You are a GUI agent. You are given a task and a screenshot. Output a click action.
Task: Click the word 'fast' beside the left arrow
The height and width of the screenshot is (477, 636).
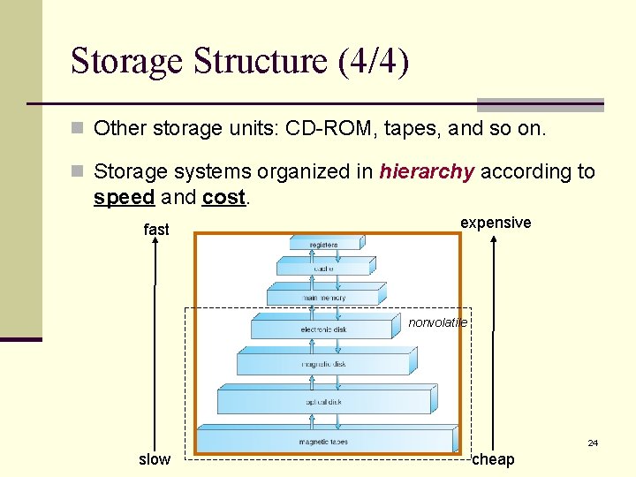156,230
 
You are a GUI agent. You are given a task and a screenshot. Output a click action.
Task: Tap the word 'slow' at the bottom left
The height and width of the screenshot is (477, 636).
155,459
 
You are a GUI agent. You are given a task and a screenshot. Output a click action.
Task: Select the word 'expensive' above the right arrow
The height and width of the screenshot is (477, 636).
496,223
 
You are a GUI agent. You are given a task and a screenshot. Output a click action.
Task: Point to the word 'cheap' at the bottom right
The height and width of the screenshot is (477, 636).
493,459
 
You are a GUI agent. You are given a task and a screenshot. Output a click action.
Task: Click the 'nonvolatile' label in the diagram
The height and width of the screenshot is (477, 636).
437,323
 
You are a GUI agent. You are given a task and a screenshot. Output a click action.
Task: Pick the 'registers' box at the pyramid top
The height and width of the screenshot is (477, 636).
323,244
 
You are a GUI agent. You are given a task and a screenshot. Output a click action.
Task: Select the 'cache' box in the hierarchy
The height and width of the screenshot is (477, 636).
323,268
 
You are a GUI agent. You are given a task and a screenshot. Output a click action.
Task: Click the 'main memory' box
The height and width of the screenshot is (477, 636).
325,297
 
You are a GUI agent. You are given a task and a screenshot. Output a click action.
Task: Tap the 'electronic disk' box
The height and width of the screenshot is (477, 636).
323,329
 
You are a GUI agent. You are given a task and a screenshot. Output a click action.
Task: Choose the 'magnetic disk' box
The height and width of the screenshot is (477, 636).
324,363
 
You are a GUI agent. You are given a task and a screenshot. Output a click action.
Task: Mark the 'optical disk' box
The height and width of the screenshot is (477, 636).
324,401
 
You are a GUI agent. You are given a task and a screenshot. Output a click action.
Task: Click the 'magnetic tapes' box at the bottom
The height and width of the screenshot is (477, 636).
323,441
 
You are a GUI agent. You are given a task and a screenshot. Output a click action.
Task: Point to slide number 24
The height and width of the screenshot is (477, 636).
593,443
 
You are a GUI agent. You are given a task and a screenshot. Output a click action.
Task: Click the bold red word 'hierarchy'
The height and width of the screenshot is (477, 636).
427,171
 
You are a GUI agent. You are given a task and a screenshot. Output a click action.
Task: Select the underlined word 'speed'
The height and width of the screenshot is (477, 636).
124,197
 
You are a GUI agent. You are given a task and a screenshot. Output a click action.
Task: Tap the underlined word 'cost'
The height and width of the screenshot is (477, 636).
223,197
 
